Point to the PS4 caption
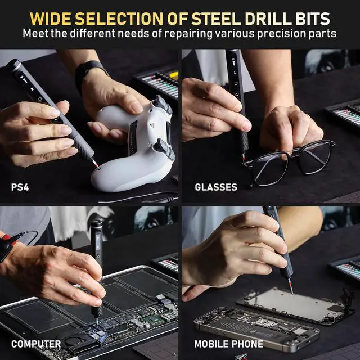coord(22,186)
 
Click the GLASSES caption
coord(216,186)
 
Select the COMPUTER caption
coord(35,343)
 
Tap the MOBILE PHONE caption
coord(228,343)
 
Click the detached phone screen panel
coord(295,307)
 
